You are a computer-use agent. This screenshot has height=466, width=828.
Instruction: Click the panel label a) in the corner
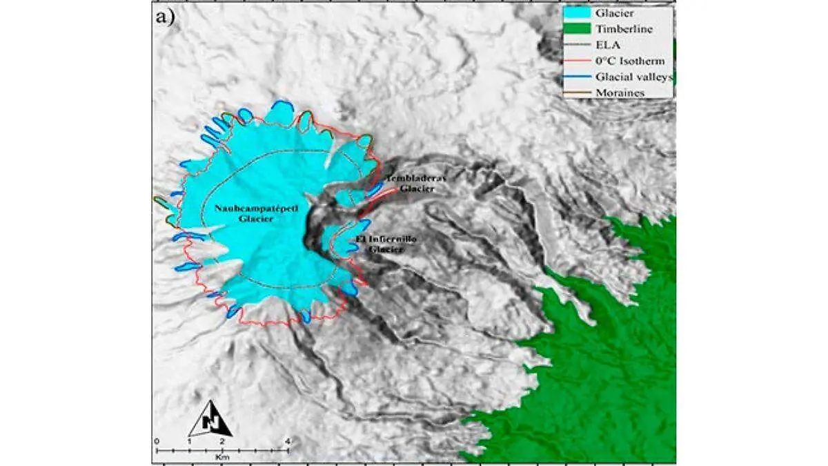[166, 19]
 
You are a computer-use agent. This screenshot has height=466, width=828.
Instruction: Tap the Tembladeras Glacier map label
[416, 182]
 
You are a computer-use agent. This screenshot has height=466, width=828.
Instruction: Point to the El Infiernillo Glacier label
[386, 244]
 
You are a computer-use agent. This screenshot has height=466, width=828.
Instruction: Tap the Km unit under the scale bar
[221, 458]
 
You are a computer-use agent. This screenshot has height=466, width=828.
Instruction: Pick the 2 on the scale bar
[221, 440]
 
